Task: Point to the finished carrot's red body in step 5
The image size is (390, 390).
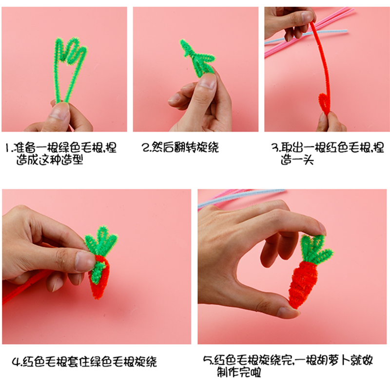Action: pos(303,283)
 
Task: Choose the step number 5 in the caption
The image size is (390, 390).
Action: pos(206,361)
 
